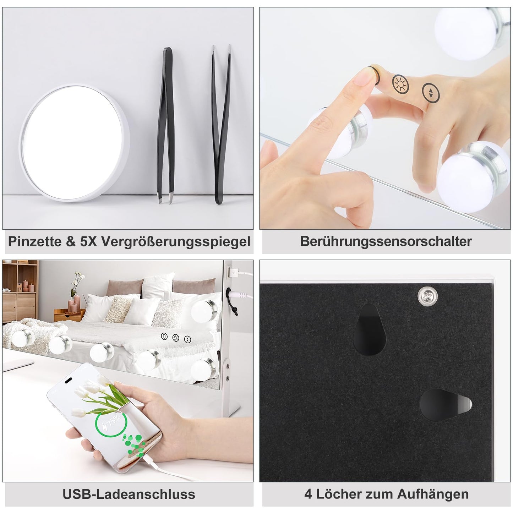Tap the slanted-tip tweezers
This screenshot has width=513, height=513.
[165, 125]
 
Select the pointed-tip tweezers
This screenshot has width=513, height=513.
[221, 124]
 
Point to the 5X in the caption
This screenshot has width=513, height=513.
[89, 242]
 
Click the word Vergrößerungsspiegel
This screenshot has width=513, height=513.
[176, 242]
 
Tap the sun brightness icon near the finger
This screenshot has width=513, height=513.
[400, 83]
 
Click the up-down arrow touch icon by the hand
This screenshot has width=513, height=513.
[431, 93]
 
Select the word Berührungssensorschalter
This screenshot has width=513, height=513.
[386, 241]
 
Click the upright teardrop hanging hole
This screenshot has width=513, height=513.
[370, 330]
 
